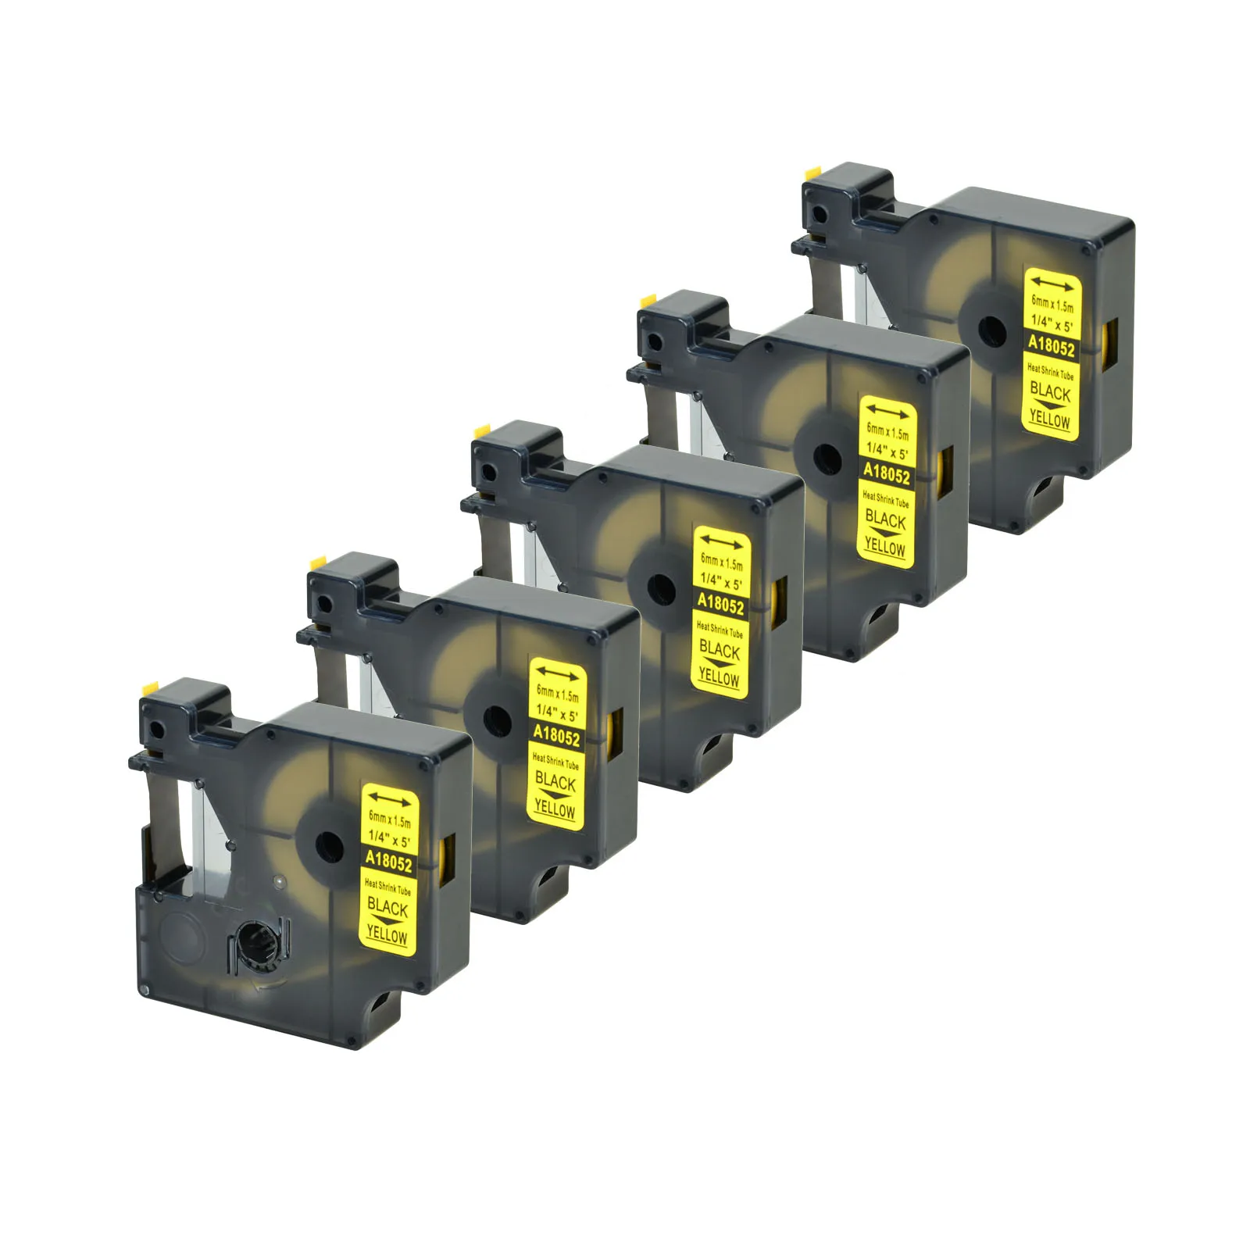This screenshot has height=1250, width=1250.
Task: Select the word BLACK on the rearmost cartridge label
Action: (1050, 391)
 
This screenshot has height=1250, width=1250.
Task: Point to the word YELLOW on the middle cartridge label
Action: (719, 677)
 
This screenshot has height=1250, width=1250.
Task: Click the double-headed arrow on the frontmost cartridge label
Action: (390, 798)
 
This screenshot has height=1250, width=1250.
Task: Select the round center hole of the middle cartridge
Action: (661, 587)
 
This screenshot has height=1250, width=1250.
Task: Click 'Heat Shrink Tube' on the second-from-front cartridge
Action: (555, 760)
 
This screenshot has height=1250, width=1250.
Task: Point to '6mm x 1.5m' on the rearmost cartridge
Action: (1052, 304)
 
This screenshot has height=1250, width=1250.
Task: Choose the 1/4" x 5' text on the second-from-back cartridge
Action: (887, 452)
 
